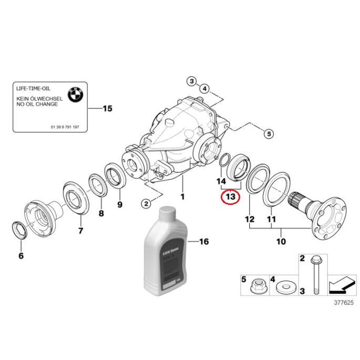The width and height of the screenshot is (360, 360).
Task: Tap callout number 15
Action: [x=107, y=109]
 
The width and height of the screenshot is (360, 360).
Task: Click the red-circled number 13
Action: [x=230, y=197]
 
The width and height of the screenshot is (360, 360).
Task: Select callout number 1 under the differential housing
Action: [x=183, y=197]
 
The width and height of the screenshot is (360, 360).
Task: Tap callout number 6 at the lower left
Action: [x=20, y=256]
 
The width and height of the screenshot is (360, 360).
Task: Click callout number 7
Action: [x=80, y=231]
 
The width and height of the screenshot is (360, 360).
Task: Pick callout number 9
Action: [x=119, y=204]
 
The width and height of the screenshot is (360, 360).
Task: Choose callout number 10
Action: [x=281, y=242]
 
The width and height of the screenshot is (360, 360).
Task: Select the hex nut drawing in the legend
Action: [x=259, y=287]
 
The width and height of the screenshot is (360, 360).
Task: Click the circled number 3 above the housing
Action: [x=192, y=81]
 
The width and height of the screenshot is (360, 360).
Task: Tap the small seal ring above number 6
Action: [x=19, y=230]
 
